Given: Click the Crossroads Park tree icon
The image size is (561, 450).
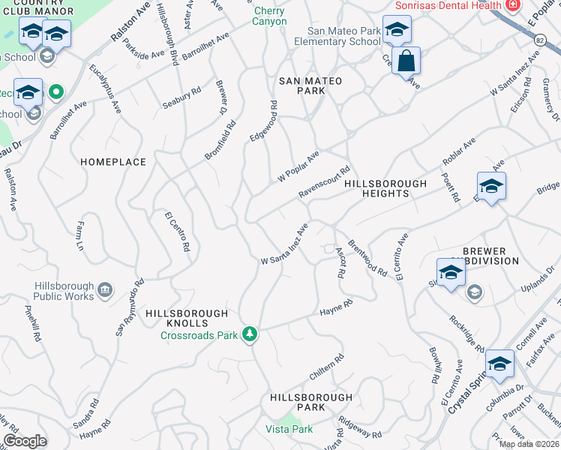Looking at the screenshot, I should [x=252, y=334].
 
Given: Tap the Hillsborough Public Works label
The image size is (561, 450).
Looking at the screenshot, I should [x=64, y=291].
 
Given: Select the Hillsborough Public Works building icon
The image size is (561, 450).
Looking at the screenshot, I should [x=104, y=289].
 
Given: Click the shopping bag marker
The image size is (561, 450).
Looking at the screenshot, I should [x=406, y=61].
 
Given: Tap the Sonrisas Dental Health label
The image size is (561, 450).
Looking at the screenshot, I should [x=448, y=5].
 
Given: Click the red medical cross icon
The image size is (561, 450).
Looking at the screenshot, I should [x=513, y=4].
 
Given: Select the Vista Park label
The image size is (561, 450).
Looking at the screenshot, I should [x=289, y=429].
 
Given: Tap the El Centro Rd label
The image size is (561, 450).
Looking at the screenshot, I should [x=178, y=231].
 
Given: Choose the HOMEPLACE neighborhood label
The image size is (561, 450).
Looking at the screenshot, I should [x=113, y=162].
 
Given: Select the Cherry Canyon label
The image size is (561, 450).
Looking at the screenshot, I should [x=270, y=16].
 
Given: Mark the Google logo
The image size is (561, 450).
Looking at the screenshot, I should [x=25, y=441].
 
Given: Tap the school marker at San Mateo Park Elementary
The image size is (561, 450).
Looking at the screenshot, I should [x=397, y=31].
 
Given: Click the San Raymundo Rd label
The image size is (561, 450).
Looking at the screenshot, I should [x=128, y=308].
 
